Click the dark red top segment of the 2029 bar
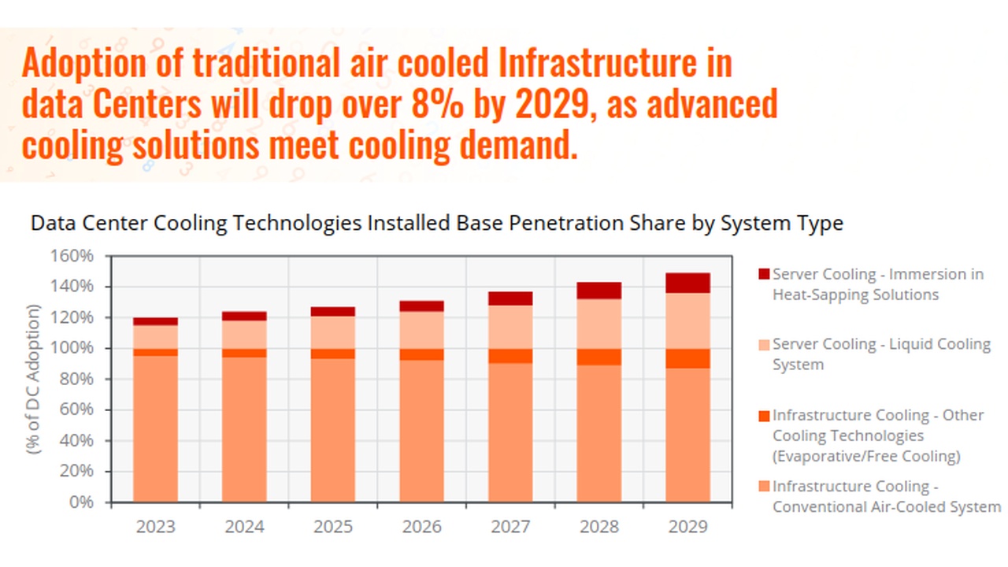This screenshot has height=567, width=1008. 687,283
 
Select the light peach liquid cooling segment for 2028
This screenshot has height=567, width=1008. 598,324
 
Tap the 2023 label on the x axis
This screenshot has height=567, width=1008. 155,526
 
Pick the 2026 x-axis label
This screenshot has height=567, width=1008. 421,526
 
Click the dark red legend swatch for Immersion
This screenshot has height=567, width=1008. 763,274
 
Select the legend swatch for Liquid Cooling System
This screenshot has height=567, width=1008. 763,344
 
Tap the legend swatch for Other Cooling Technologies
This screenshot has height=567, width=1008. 763,415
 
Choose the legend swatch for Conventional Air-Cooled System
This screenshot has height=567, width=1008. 763,486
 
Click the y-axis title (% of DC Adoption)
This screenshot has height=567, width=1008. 33,379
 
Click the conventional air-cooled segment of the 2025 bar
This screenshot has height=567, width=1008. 332,429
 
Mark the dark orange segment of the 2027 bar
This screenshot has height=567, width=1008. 510,356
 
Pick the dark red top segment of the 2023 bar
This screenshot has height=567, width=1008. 155,321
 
